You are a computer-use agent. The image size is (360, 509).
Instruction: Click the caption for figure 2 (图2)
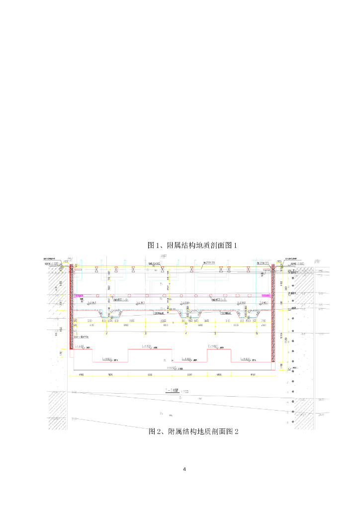tap(193, 431)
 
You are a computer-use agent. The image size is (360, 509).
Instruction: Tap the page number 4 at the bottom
tap(184, 469)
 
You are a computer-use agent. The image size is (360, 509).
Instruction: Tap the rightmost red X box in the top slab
tap(262, 269)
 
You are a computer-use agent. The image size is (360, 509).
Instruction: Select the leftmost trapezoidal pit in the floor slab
tap(112, 314)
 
